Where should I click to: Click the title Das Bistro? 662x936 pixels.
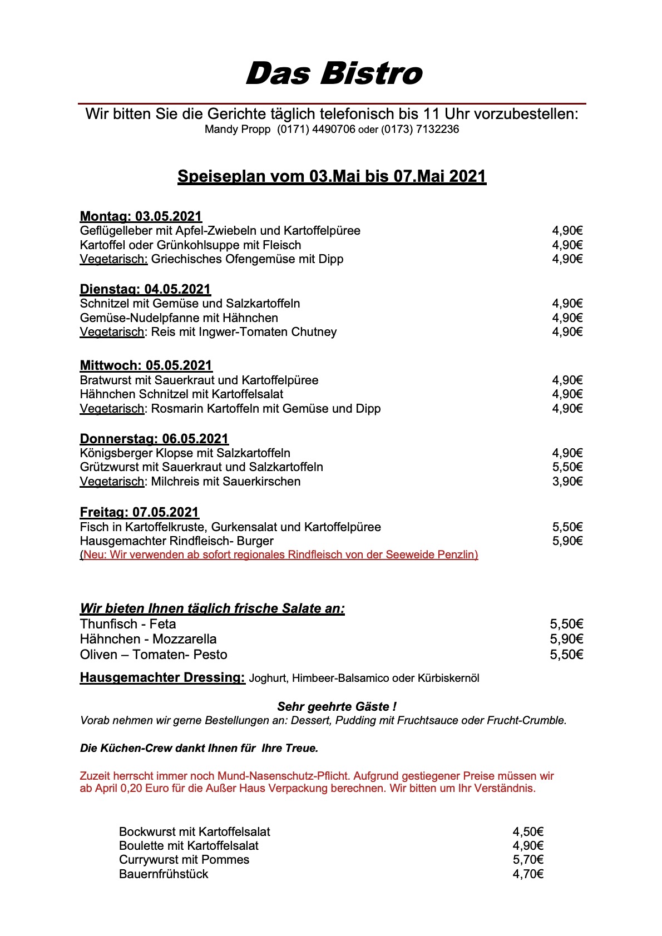[334, 74]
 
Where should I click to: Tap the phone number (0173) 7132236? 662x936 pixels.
[420, 130]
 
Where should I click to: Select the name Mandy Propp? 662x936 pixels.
[238, 130]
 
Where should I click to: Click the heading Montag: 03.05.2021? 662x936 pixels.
[141, 216]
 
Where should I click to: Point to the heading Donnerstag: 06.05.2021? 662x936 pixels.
[154, 439]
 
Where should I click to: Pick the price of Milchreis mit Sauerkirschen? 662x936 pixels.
[567, 482]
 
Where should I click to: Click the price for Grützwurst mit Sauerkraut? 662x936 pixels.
[567, 467]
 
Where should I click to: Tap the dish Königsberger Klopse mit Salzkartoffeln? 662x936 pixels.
[185, 453]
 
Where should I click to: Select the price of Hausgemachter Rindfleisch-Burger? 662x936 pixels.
[567, 541]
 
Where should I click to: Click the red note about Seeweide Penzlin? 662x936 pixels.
[279, 554]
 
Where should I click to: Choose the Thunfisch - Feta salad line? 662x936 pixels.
[128, 624]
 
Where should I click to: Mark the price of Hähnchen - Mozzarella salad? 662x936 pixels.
[566, 639]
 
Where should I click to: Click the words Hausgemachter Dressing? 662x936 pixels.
[162, 677]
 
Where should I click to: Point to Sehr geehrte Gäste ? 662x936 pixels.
[337, 707]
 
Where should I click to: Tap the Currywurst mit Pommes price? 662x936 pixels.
[527, 860]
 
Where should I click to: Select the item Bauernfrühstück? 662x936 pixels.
[164, 874]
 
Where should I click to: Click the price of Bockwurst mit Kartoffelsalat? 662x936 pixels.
[527, 832]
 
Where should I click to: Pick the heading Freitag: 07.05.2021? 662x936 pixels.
[139, 512]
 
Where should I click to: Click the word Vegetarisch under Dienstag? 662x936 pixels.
[112, 332]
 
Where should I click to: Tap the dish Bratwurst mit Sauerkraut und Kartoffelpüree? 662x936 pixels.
[199, 380]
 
